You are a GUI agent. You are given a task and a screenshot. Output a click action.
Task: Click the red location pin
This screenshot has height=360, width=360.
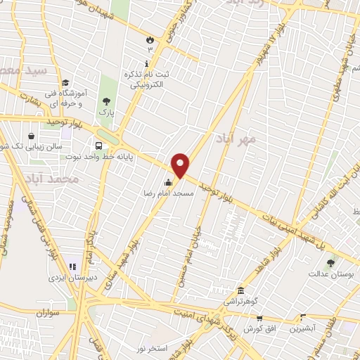tap(181, 165)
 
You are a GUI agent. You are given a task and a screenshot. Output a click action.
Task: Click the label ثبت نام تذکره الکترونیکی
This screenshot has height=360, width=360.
tap(148, 79)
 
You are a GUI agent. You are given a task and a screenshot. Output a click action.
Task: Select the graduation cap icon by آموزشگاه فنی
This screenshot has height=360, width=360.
tap(65, 82)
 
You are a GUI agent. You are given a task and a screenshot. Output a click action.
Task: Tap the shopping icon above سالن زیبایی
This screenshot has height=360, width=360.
tap(32, 136)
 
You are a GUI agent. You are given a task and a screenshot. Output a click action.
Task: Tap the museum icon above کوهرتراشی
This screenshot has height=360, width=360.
tap(240, 291)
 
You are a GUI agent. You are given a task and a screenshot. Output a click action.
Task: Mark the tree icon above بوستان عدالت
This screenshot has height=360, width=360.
tap(330, 263)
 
